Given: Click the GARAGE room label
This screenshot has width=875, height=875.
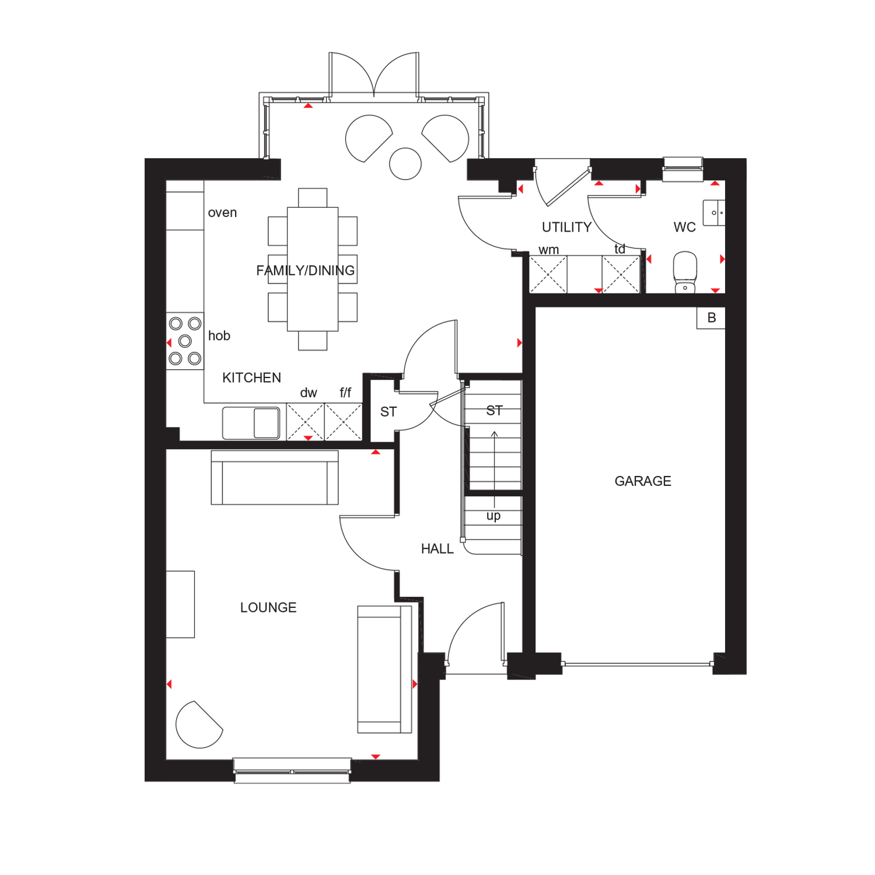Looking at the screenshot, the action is (x=643, y=481).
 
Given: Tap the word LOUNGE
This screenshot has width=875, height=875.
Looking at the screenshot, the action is (x=268, y=608).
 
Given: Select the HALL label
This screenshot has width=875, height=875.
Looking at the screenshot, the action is (x=437, y=549).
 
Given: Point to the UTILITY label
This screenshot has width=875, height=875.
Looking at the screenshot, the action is (x=566, y=228).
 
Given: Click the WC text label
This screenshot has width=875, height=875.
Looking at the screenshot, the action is (x=685, y=228).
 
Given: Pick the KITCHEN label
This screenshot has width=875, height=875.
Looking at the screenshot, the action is (x=252, y=378).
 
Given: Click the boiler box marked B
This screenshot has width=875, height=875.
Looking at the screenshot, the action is (x=711, y=318).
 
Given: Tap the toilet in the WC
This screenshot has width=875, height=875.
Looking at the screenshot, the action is (x=685, y=272).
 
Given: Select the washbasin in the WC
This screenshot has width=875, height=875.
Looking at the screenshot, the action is (x=714, y=213).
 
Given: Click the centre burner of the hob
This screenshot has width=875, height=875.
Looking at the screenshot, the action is (x=185, y=341).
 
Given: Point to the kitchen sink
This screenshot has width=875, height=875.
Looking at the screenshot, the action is (x=251, y=422).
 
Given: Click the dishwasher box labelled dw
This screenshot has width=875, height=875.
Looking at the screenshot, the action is (x=305, y=422).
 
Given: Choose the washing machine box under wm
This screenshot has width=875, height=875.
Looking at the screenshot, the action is (x=548, y=274).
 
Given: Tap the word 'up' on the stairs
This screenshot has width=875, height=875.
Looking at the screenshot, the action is (x=494, y=516).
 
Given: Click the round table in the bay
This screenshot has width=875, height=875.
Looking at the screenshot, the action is (x=405, y=164).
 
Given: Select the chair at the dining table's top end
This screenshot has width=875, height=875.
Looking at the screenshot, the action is (x=313, y=198).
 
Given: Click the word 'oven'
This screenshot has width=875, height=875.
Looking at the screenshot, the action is (x=222, y=213).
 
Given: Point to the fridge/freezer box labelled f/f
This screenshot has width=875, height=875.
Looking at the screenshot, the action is (x=343, y=422).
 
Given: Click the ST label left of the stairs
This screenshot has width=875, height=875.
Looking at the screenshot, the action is (x=388, y=412).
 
